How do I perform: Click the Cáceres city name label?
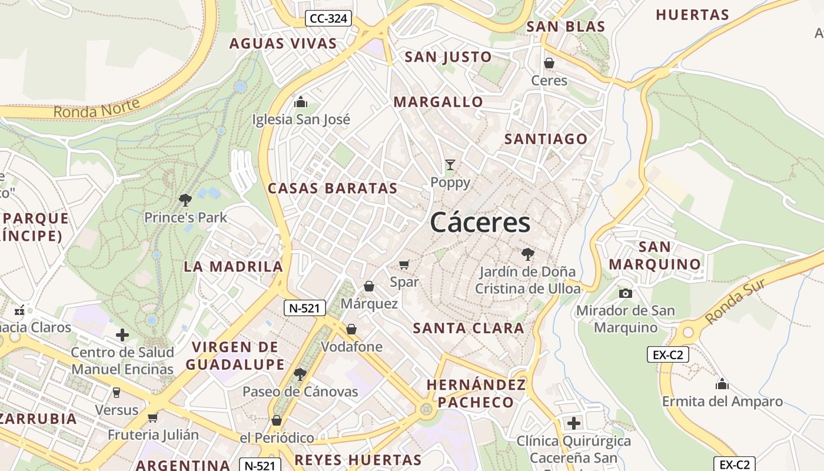480,223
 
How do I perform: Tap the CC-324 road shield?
328,19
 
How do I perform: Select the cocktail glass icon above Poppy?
450,165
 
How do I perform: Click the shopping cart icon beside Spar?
404,264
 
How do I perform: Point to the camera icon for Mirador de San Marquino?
625,293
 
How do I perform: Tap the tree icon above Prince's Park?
185,200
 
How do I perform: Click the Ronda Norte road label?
97,108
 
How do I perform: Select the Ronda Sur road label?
735,301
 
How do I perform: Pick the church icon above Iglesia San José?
301,102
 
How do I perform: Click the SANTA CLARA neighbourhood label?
469,329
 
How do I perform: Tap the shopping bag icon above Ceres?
549,63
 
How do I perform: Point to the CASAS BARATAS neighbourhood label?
333,188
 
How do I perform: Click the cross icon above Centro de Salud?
122,336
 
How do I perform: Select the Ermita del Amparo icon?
722,385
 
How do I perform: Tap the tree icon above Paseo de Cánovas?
300,374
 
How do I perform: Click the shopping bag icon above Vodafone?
351,329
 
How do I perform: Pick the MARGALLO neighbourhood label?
438,102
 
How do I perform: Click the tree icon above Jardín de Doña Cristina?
528,254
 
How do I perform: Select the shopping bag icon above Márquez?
369,286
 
